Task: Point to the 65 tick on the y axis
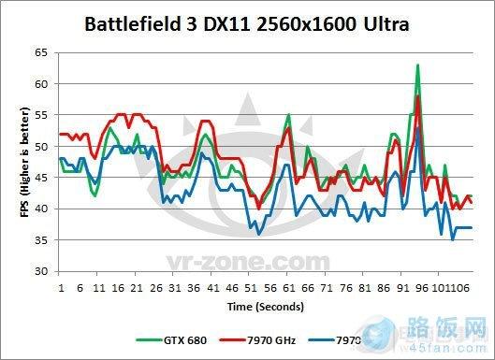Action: click(x=39, y=53)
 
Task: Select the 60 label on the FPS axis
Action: click(x=39, y=84)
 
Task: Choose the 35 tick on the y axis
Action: click(x=39, y=240)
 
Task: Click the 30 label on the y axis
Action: click(x=39, y=271)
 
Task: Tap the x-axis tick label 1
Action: click(x=61, y=286)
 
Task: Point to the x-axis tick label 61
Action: click(x=288, y=286)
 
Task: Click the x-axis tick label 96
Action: click(x=421, y=286)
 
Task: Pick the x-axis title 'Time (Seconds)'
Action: click(x=265, y=305)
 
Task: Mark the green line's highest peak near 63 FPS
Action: click(x=417, y=65)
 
